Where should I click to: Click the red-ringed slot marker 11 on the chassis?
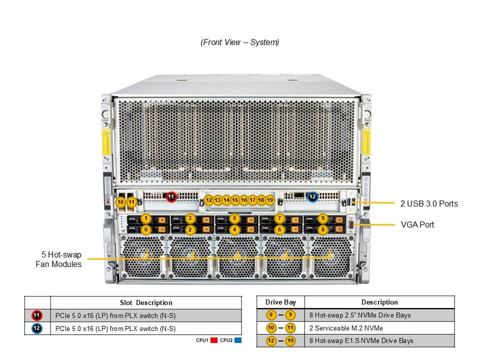[x=171, y=197]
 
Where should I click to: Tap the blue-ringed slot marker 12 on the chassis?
[x=312, y=197]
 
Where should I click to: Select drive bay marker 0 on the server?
[x=145, y=229]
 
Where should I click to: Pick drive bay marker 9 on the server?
[x=323, y=218]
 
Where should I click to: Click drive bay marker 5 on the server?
[x=234, y=218]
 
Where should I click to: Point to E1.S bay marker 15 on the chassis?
[x=235, y=200]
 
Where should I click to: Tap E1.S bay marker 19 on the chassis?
[x=270, y=200]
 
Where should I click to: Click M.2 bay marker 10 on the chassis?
[x=120, y=202]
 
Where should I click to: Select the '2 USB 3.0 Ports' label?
[x=429, y=203]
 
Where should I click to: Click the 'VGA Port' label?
[x=417, y=225]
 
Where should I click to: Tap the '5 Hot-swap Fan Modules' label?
[x=58, y=259]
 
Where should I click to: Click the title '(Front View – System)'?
[x=240, y=42]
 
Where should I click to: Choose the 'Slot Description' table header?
[x=146, y=302]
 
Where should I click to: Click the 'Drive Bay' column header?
[x=280, y=302]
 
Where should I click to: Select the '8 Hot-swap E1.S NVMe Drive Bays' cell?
[x=361, y=341]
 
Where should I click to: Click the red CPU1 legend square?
[x=213, y=340]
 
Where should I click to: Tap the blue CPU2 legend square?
[x=238, y=340]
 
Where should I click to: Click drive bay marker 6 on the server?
[x=279, y=229]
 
